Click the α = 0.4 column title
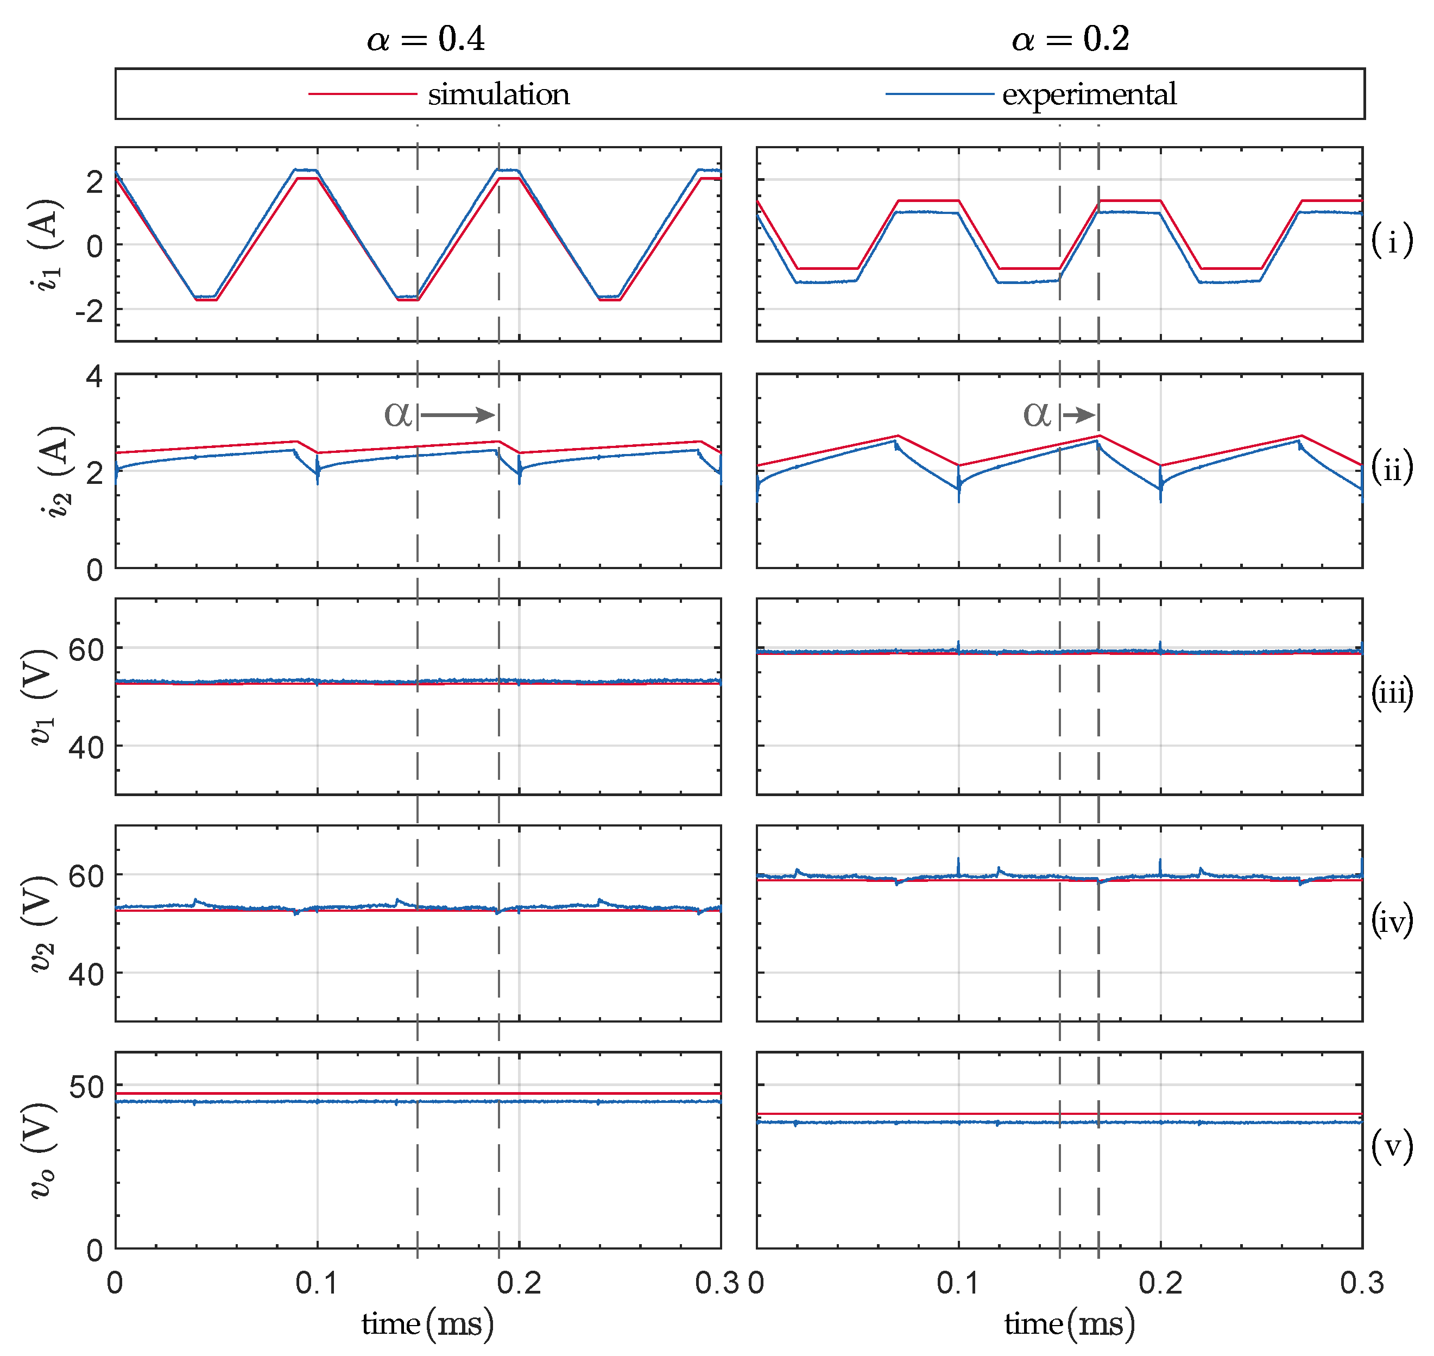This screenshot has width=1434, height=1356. [x=426, y=39]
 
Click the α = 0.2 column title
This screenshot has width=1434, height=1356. [x=1070, y=39]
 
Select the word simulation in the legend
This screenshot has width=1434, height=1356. [x=498, y=94]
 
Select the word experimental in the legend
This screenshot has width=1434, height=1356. [x=1089, y=94]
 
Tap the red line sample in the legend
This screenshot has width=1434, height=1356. [x=362, y=94]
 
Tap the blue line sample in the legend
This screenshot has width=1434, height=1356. [x=939, y=94]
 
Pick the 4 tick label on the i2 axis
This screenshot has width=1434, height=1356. [x=94, y=376]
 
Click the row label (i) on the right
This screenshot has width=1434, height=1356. [x=1391, y=240]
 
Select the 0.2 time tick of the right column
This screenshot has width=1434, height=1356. [x=1160, y=1284]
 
